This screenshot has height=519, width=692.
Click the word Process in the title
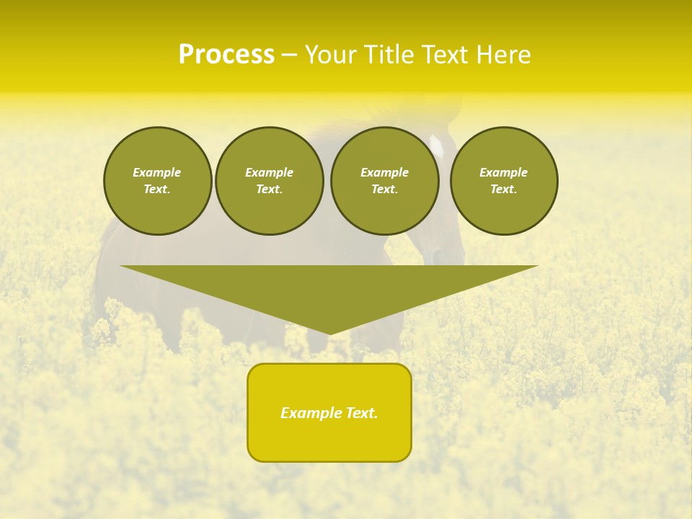point(226,55)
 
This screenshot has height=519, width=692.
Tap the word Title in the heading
point(387,55)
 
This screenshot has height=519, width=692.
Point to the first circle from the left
point(157,181)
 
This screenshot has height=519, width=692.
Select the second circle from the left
point(269,181)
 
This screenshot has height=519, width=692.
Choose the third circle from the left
point(384,181)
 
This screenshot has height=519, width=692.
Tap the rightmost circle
point(504,181)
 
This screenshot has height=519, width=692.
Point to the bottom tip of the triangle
point(329,333)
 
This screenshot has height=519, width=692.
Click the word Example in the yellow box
point(311,413)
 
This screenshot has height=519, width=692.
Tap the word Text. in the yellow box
point(361,413)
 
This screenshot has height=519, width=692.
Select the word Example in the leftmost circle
point(157,172)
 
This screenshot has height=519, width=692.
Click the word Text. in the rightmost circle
point(504,190)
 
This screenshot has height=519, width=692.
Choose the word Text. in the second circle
point(269,190)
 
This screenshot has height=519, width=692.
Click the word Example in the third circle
point(384,172)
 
